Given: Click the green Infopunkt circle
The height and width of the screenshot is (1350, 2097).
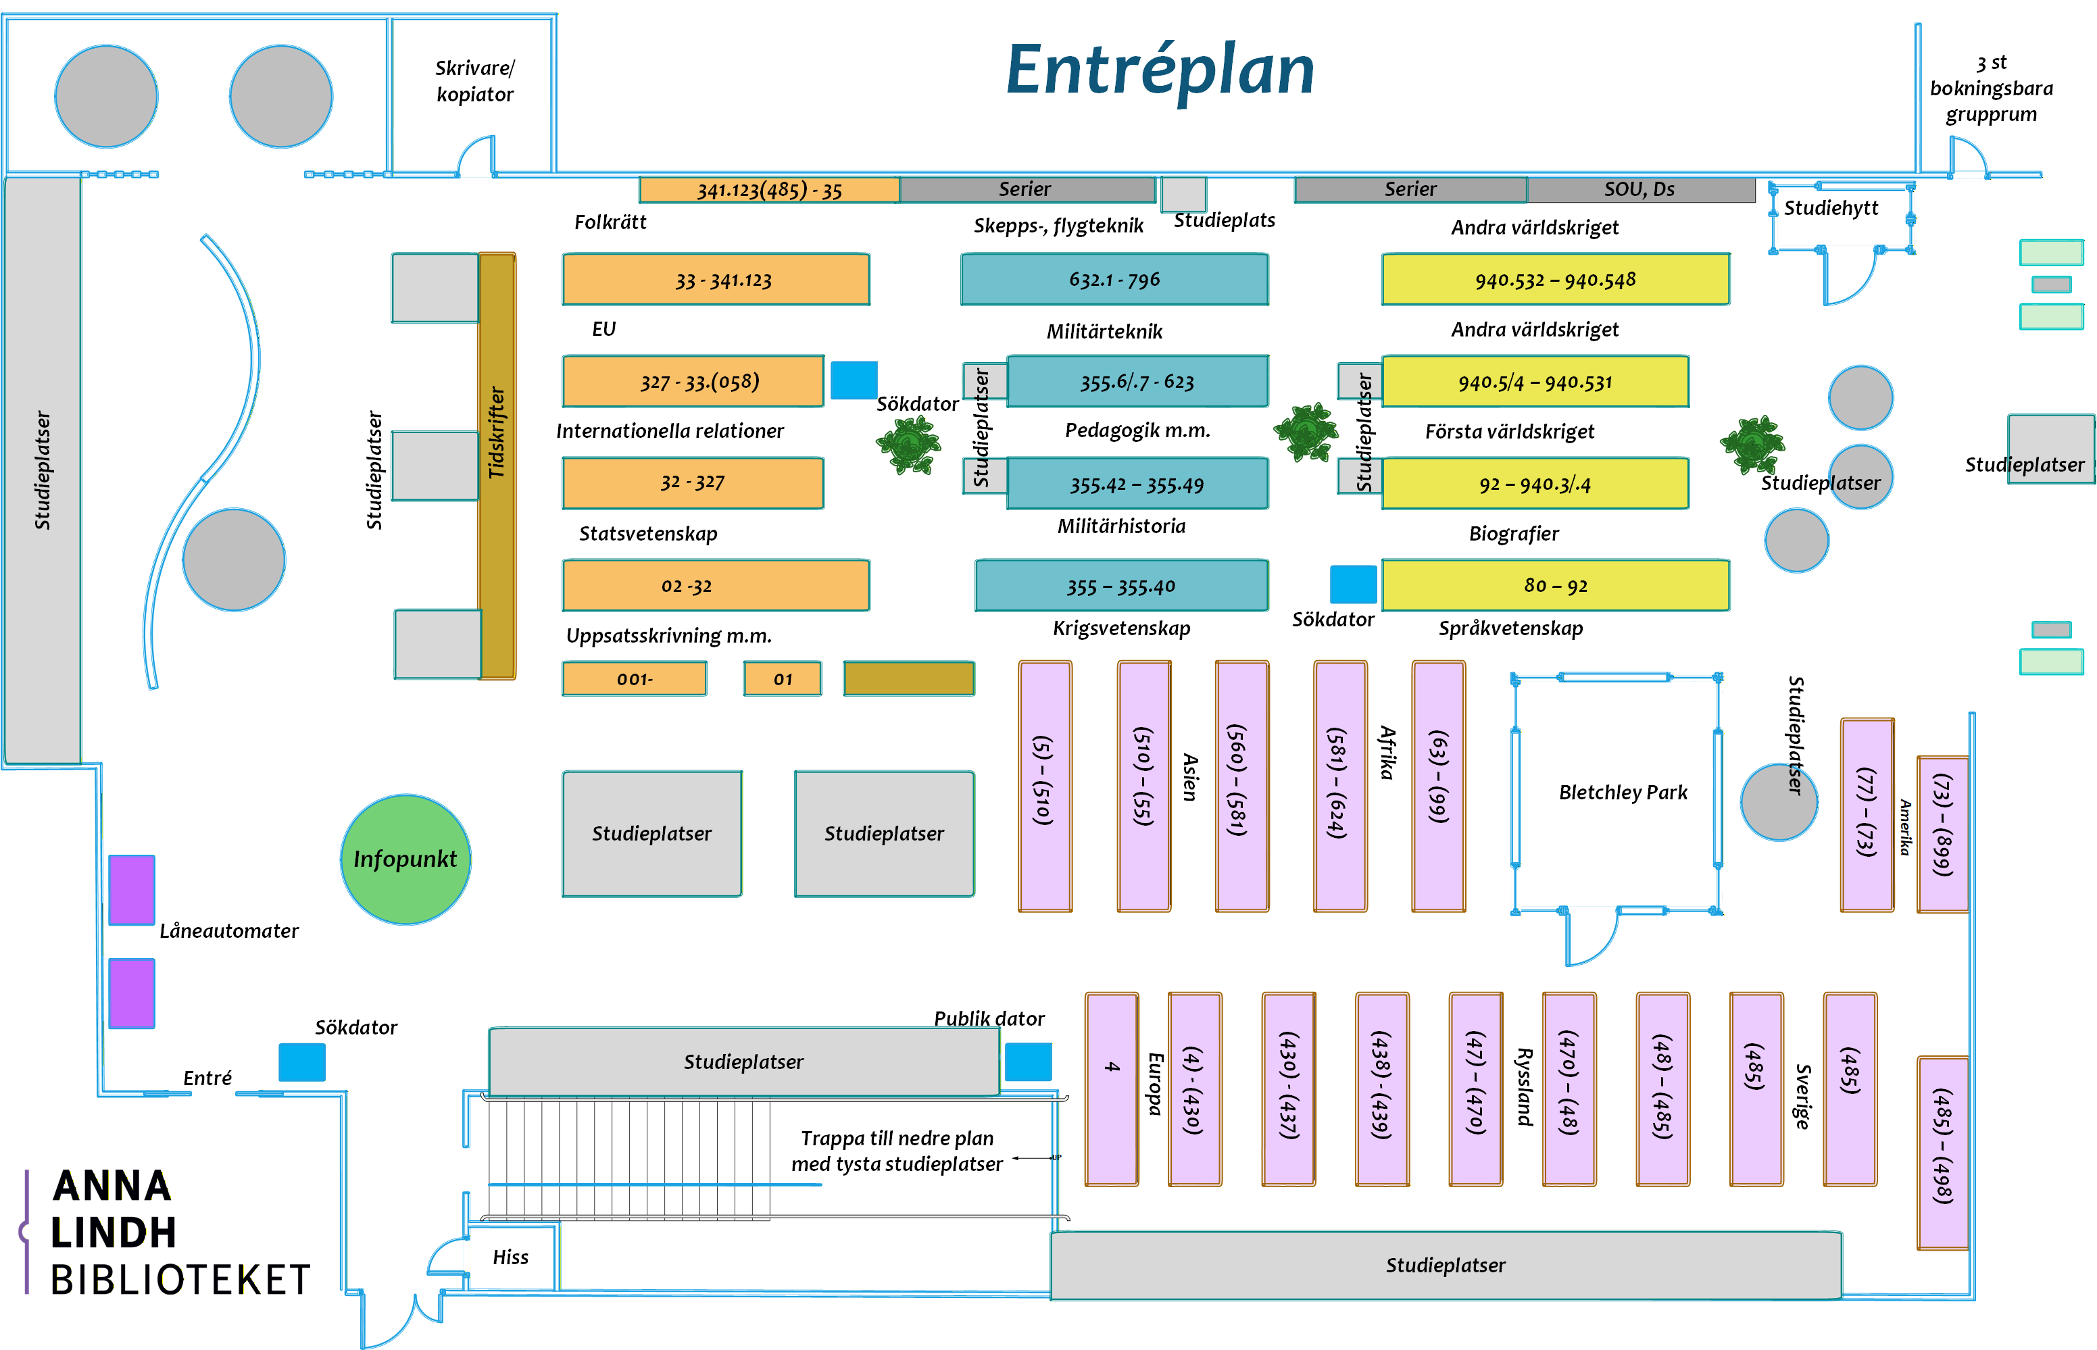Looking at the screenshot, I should click(x=405, y=859).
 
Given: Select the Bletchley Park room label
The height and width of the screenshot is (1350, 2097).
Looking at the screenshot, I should click(x=1622, y=793).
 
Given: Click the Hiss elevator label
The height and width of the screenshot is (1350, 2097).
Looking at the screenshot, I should click(x=510, y=1257).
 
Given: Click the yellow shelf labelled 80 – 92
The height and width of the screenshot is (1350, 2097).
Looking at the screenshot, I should click(x=1555, y=586).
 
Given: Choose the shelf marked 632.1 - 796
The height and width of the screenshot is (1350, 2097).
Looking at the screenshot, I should click(x=1114, y=280).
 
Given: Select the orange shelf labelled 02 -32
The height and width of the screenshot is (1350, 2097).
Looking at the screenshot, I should click(x=716, y=586).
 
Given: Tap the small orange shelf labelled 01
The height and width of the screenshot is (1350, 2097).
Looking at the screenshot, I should click(x=782, y=678).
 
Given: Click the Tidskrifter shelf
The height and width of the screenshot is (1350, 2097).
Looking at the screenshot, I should click(x=497, y=465).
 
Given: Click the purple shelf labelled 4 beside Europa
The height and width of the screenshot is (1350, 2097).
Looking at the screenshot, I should click(x=1112, y=1089).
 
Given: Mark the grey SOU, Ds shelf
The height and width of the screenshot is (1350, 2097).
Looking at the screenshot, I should click(x=1640, y=189).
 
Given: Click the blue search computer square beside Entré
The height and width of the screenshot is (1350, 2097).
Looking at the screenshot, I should click(x=301, y=1062).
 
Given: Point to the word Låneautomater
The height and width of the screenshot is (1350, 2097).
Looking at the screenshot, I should click(x=229, y=931).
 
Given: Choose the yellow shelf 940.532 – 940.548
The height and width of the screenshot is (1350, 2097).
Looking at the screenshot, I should click(x=1555, y=280).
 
